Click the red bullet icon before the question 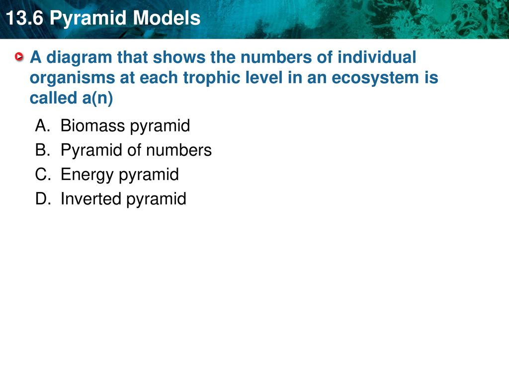[19, 57]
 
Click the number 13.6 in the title [25, 18]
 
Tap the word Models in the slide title [167, 18]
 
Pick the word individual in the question [377, 57]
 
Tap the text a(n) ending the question [97, 98]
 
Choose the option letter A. [43, 126]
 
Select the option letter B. [43, 150]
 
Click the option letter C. [43, 174]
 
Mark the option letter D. [43, 198]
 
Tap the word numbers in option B [179, 150]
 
